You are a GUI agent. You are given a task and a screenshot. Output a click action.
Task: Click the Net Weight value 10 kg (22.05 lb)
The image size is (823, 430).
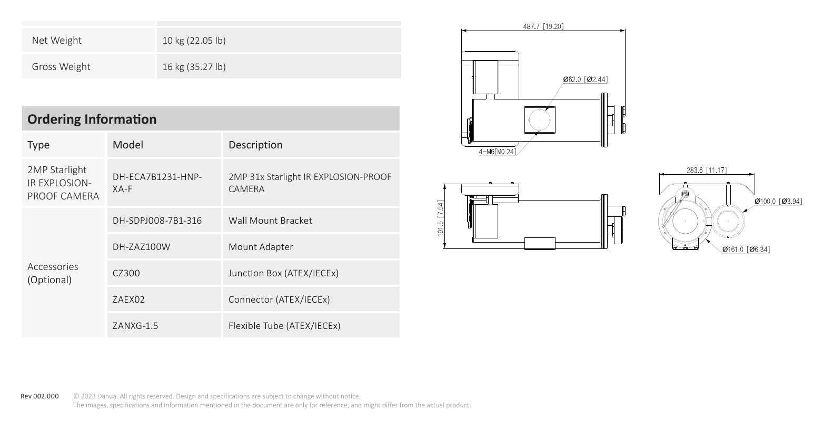coord(194,41)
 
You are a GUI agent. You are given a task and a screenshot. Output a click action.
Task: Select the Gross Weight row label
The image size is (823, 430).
coord(61,66)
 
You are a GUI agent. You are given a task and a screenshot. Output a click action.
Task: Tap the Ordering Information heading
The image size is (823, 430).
coord(92,119)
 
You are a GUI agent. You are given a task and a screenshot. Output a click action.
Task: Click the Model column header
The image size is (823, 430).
coord(128,145)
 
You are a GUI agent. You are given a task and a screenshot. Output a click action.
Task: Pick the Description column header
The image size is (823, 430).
coord(255,145)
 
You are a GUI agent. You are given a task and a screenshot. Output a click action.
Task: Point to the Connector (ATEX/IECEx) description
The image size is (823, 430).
coord(279,299)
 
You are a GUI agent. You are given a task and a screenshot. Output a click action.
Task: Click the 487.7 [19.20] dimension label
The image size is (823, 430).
coord(543,26)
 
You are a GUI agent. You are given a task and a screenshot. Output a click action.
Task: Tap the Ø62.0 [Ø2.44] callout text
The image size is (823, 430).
coord(586,79)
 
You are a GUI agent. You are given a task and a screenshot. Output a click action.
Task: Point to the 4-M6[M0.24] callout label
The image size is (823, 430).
coord(498,152)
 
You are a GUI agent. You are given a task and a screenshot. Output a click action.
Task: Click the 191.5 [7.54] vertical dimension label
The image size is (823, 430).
coord(440,218)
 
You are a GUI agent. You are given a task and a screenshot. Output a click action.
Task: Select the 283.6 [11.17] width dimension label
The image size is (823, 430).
coord(707,170)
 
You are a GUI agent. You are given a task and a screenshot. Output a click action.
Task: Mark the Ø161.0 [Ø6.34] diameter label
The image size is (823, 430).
coord(746,249)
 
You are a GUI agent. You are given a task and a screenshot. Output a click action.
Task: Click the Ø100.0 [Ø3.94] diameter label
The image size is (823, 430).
coord(778,201)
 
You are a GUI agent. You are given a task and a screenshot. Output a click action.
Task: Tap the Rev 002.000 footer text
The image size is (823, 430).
coord(39,396)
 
